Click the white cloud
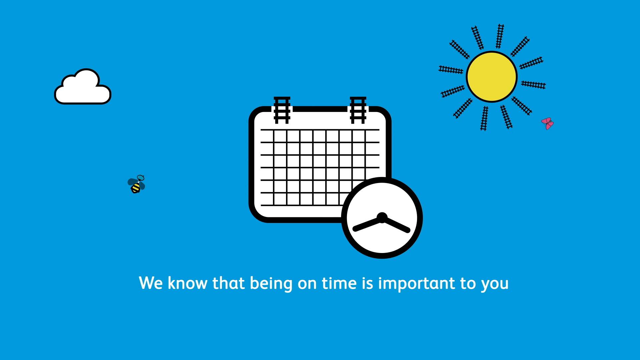coord(83,87)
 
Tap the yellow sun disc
coord(492,77)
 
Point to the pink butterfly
coord(547,123)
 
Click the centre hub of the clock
coord(382,218)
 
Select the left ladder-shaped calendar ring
coord(282,110)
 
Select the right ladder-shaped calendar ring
coord(358,110)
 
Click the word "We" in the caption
coord(151,283)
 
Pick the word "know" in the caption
coord(187,283)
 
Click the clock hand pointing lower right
coord(396,224)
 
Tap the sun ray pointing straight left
coord(451,70)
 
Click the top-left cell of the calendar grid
coord(267,136)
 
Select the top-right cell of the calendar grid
coord(373,136)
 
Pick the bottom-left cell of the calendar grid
coord(267,199)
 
